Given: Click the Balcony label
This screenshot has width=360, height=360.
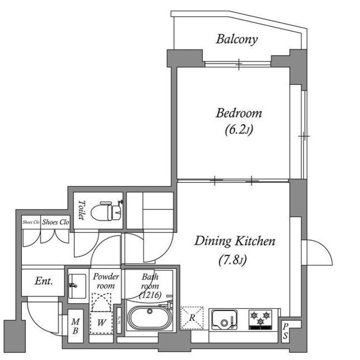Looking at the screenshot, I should click(x=237, y=39).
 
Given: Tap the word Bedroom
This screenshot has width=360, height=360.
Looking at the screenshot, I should click(x=239, y=113).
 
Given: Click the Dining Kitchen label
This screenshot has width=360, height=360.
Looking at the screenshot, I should click(x=235, y=242).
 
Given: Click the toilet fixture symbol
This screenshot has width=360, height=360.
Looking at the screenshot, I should click(x=107, y=211).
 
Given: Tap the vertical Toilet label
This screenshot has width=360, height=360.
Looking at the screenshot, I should click(x=82, y=210).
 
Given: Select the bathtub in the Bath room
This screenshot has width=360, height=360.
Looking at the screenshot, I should click(x=150, y=318).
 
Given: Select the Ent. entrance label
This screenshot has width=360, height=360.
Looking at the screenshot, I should click(x=44, y=280).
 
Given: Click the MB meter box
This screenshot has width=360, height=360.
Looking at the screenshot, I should click(x=75, y=326).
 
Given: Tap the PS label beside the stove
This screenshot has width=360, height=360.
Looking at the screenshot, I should click(x=286, y=331).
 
